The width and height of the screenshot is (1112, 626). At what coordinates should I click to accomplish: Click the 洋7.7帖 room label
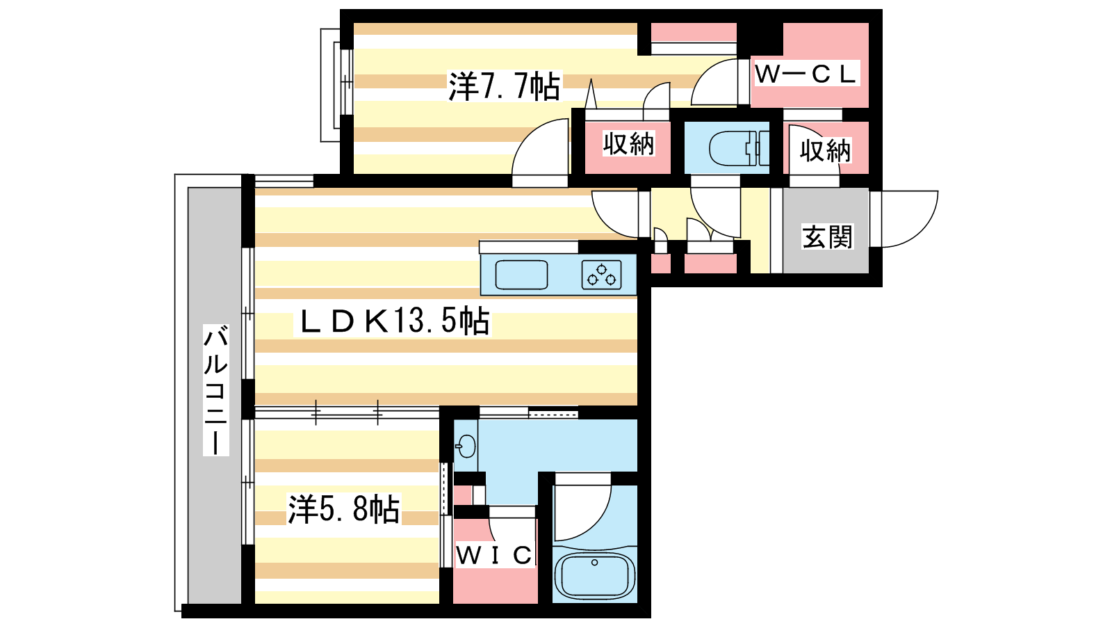(x=505, y=86)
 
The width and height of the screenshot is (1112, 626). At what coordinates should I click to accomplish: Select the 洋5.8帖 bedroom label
(x=344, y=509)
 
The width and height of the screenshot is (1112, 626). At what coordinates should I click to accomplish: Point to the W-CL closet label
(x=806, y=74)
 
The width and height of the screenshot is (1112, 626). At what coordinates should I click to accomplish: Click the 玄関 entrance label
(x=828, y=237)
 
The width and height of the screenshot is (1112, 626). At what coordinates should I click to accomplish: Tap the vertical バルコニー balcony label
(x=216, y=390)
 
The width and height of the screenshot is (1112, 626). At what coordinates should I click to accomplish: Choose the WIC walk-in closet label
(x=494, y=555)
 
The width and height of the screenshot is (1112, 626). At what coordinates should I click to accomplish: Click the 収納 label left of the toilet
(x=628, y=143)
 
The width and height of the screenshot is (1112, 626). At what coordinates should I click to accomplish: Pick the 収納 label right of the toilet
(x=825, y=150)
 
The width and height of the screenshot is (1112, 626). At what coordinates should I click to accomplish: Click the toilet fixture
(x=738, y=148)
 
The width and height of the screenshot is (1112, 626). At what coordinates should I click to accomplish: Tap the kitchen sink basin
(x=521, y=275)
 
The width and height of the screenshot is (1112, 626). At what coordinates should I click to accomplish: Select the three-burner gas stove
(x=602, y=275)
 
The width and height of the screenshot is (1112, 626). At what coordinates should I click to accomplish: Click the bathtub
(x=595, y=577)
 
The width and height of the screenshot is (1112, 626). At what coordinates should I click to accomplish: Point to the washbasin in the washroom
(x=465, y=446)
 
